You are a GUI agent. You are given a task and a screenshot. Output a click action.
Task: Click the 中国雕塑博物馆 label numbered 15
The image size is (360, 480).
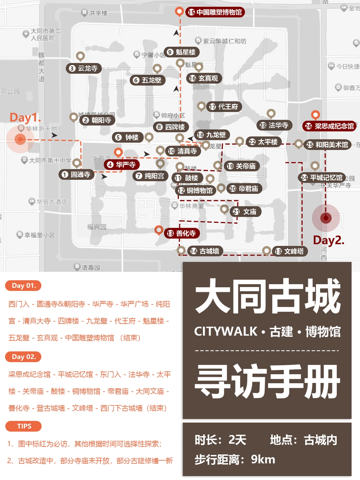215,12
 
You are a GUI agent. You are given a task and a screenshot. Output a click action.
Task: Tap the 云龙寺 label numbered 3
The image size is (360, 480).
83,68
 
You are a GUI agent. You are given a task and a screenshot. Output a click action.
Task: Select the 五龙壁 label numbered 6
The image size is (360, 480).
147,80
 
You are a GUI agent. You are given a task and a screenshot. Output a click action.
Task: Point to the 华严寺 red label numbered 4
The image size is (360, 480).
121,164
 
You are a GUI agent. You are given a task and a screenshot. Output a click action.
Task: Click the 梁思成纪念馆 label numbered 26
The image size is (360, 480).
329,126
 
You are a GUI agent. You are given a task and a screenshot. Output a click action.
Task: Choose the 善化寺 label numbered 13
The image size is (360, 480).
182,233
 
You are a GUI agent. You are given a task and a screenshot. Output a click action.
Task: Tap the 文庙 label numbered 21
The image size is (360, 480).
245,212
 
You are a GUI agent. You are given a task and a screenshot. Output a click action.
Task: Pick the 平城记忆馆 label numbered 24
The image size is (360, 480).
322,177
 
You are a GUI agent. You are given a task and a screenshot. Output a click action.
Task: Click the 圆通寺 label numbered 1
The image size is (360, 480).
76,174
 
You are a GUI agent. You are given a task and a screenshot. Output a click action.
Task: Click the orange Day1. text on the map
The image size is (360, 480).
25,117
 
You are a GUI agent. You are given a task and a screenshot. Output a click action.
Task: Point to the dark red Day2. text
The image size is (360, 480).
329,240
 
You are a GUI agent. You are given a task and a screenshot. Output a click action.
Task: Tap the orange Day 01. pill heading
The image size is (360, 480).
23,286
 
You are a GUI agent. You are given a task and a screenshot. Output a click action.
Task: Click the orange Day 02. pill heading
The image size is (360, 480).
23,357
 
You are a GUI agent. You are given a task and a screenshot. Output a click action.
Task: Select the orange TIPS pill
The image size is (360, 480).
24,426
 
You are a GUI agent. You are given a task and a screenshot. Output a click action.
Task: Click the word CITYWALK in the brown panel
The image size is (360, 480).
226,332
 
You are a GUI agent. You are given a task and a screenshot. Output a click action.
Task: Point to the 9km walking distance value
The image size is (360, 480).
263,460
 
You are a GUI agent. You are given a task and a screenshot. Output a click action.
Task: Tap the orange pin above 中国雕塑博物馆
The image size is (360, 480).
179,12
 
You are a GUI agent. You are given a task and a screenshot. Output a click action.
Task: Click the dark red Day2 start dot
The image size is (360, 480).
326,218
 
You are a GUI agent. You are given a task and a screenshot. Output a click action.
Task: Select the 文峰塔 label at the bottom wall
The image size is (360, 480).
290,251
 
